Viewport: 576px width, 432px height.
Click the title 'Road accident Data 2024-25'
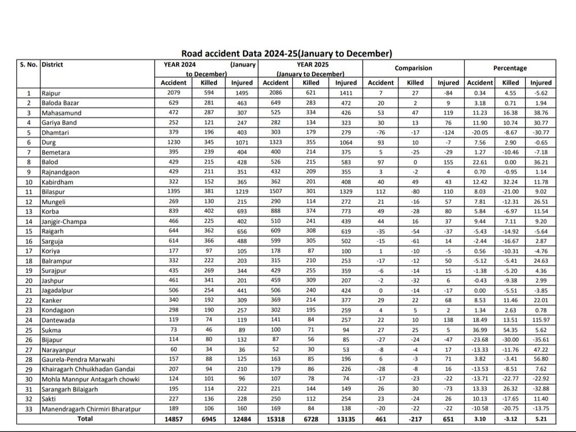(286, 53)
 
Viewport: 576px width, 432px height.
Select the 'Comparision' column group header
(413, 68)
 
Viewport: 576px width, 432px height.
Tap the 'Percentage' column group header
(510, 68)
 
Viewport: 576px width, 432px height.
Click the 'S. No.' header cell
(29, 65)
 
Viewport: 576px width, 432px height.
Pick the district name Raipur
(52, 93)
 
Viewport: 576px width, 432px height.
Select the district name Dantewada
(58, 320)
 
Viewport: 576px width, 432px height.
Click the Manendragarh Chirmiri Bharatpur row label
(91, 409)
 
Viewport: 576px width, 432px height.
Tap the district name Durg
(49, 142)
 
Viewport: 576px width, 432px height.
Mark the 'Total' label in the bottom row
(85, 419)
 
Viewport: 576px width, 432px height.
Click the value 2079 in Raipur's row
(174, 93)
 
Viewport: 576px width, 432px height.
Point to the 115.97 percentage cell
(541, 320)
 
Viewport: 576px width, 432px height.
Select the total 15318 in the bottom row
(276, 419)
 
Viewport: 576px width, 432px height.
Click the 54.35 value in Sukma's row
(510, 330)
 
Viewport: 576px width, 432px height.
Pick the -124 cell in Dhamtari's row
(448, 132)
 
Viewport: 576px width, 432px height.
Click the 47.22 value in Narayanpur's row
(541, 350)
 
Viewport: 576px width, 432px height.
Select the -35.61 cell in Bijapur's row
(541, 340)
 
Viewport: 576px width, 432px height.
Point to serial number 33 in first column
(29, 409)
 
